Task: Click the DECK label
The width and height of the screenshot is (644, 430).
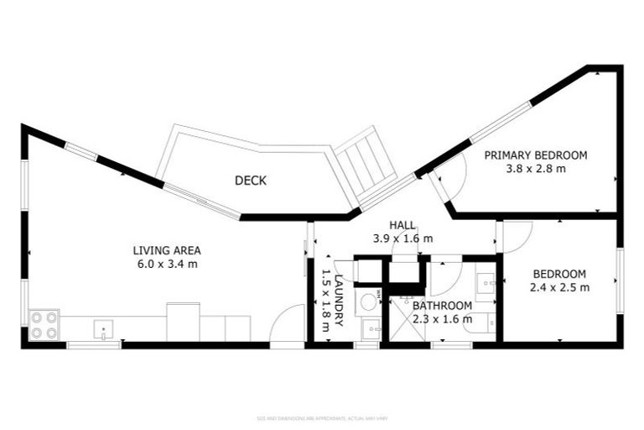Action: tap(251, 181)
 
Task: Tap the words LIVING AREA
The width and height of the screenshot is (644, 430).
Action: tap(167, 250)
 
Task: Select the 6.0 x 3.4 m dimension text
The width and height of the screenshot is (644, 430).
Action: tap(167, 264)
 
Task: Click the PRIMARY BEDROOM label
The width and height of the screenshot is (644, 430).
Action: tap(535, 155)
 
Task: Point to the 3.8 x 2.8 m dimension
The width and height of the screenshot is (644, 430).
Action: tap(535, 169)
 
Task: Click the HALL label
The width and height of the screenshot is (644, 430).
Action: tap(402, 225)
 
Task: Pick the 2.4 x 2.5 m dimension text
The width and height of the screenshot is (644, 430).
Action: tap(560, 287)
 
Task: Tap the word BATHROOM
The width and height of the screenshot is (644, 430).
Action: tap(441, 306)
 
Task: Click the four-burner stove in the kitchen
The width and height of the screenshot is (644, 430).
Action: tap(44, 325)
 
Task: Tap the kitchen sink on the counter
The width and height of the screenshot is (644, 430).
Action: tap(102, 328)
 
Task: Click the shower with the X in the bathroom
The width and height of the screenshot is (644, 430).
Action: tap(406, 320)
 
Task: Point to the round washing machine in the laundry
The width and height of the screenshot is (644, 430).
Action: tap(367, 303)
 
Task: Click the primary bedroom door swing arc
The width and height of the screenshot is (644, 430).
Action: tap(454, 178)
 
